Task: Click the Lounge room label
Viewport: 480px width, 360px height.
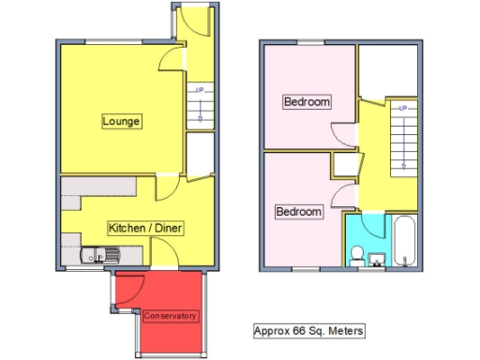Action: [122, 121]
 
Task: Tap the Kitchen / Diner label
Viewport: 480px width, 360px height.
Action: [144, 228]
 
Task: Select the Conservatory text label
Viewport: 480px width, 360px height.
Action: [170, 316]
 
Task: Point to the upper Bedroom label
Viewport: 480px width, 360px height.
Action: [307, 101]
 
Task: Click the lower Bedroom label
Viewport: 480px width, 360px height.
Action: [298, 212]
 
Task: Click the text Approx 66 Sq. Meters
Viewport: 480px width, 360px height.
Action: [308, 331]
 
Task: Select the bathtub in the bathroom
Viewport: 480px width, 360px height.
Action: [404, 242]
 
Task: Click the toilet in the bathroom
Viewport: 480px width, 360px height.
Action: [356, 254]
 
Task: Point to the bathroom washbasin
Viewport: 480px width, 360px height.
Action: [378, 258]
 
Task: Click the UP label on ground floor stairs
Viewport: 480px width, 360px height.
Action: [199, 90]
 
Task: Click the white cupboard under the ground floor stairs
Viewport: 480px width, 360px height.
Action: [200, 153]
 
